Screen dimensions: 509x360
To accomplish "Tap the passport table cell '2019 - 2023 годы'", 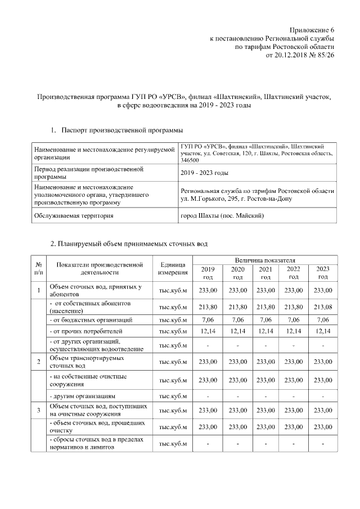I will point(205,173).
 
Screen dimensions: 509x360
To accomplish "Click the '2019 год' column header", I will point(208,273).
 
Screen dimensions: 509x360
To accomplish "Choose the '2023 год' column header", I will point(323,273).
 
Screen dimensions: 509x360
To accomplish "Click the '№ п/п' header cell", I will point(38,268).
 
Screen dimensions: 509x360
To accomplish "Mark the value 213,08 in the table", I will point(323,307).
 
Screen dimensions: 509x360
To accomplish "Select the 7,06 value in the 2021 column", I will point(265,319).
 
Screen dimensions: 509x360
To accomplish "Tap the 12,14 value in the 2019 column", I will point(208,331).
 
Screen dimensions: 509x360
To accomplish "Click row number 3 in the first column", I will point(38,410).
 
